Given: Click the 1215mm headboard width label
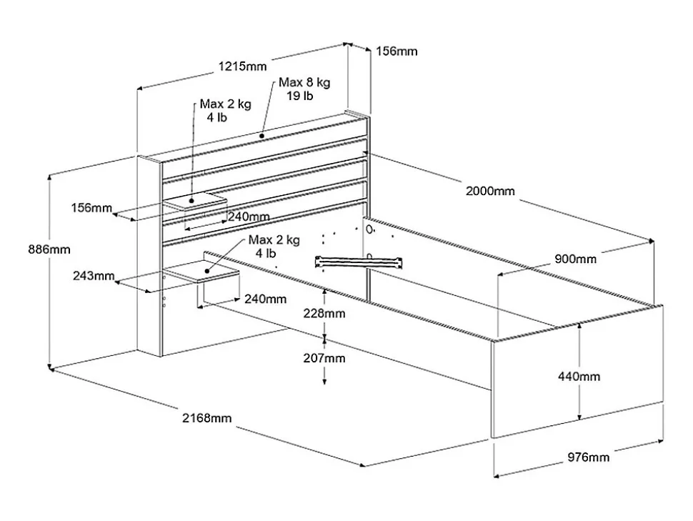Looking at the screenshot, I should (x=242, y=66).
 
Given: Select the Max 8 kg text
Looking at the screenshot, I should (x=304, y=83).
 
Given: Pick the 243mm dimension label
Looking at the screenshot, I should (x=94, y=276).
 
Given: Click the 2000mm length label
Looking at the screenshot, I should (x=489, y=191).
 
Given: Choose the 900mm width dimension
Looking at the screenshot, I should (x=575, y=259).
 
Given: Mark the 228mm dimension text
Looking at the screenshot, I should (x=324, y=313).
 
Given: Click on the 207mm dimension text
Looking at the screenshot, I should (x=324, y=357).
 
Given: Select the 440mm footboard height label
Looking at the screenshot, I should (x=579, y=376).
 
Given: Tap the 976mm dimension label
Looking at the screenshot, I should (x=589, y=457).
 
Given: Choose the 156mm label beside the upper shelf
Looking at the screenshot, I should (x=91, y=208).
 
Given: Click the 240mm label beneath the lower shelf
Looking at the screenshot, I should (x=265, y=299).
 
